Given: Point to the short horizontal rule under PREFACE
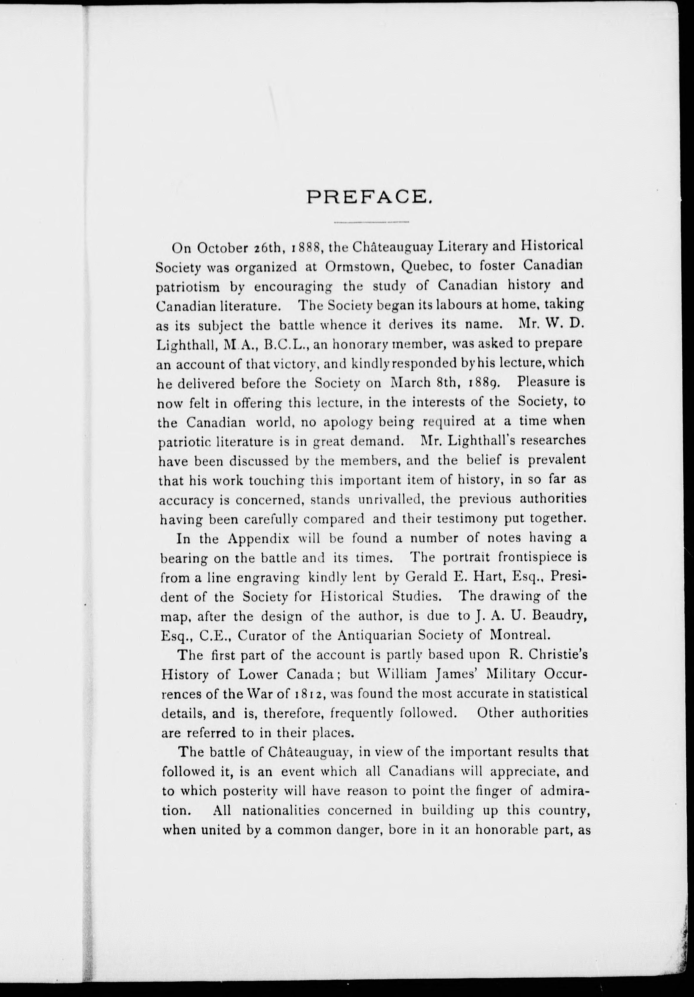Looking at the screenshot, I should point(371,223).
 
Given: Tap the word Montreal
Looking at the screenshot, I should point(520,635).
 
